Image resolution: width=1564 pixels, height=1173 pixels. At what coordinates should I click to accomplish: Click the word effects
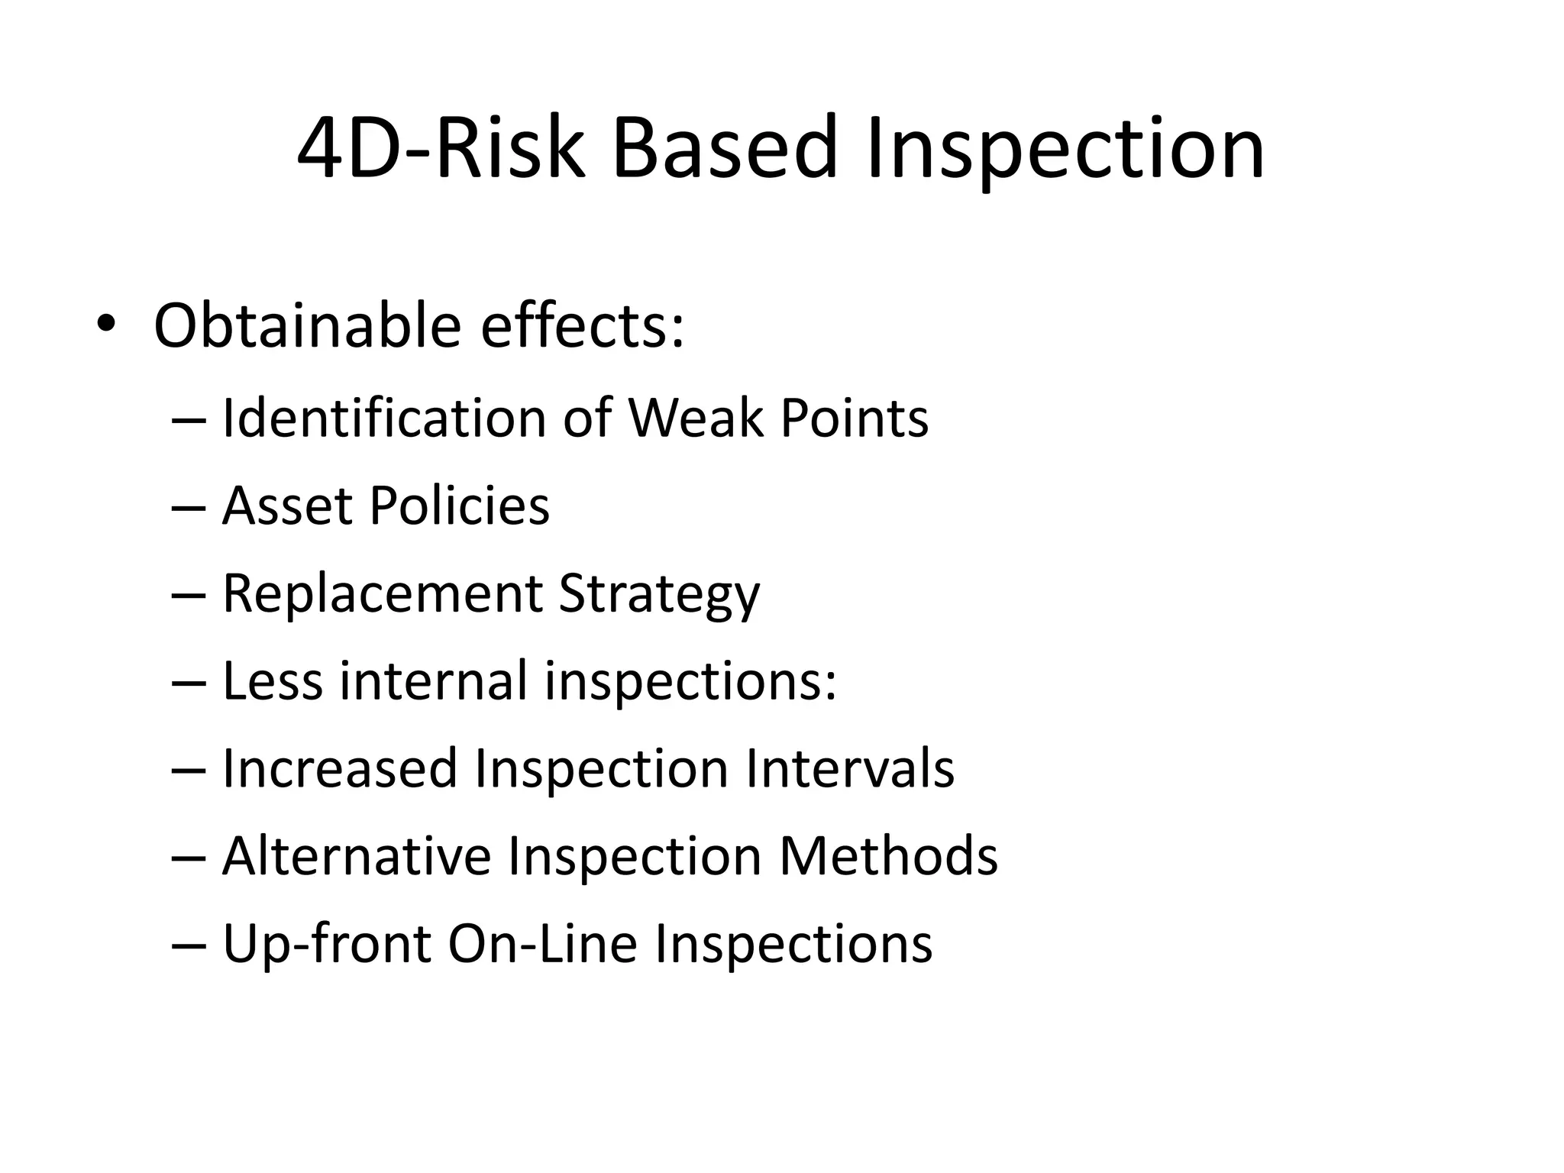582,325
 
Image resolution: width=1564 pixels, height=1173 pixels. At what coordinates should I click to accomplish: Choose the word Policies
459,506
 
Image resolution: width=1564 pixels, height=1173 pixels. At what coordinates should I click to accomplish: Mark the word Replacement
383,593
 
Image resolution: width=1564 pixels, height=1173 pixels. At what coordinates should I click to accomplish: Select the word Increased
340,768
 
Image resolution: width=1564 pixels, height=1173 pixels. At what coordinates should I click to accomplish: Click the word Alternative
357,856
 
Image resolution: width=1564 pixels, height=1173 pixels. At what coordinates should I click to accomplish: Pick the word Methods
887,856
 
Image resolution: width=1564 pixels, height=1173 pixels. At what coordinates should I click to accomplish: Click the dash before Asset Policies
189,507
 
